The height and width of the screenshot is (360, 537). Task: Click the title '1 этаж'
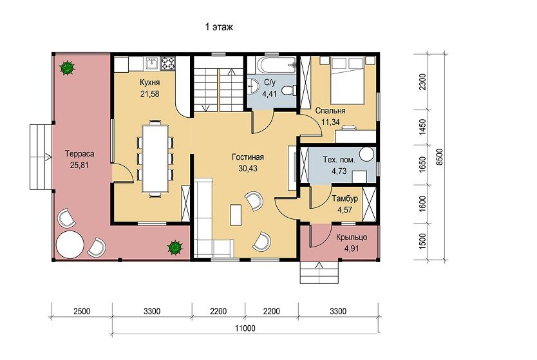tap(219, 27)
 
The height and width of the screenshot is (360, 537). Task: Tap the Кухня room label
tap(149, 82)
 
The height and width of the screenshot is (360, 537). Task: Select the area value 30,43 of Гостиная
tap(248, 169)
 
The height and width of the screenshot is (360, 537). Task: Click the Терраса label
tap(79, 154)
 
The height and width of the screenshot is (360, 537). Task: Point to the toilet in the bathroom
tap(289, 90)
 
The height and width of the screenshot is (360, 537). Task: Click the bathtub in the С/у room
tap(275, 65)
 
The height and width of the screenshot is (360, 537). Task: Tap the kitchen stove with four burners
tap(168, 63)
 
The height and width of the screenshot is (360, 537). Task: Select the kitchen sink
tap(152, 63)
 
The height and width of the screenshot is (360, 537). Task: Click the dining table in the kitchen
tap(156, 158)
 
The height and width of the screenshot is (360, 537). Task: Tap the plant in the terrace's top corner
tap(67, 68)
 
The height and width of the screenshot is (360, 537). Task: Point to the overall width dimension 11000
tap(245, 328)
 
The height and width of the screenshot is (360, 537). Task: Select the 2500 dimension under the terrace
tap(82, 311)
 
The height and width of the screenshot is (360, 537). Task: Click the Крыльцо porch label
tap(352, 237)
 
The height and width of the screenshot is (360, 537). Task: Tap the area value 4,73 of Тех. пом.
tap(339, 171)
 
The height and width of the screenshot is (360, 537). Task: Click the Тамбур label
tap(345, 198)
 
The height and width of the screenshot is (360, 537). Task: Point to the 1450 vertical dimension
tap(423, 127)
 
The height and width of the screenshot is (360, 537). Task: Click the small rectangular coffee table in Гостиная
tap(236, 214)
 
